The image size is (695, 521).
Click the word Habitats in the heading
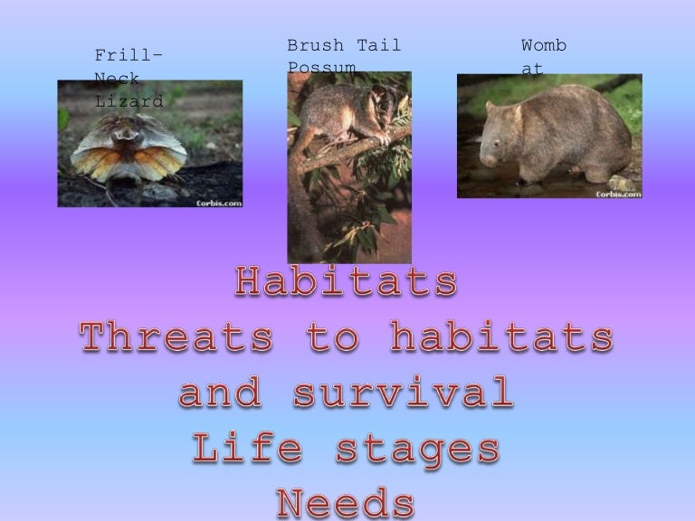(346, 283)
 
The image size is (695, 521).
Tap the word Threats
(176, 338)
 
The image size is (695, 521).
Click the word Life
(238, 449)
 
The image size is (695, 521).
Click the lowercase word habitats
(501, 338)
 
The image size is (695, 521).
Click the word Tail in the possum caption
(379, 45)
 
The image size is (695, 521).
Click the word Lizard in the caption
(129, 101)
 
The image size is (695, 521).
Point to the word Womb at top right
(544, 45)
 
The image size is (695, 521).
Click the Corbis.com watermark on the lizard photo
(218, 203)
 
